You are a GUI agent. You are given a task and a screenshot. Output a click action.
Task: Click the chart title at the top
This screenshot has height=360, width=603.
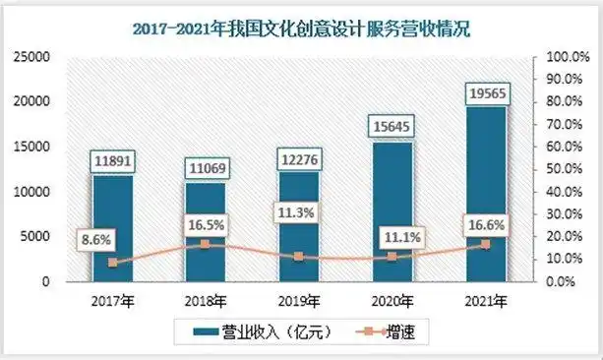coord(301,29)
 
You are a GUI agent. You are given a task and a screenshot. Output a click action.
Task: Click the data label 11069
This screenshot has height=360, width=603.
coord(207,171)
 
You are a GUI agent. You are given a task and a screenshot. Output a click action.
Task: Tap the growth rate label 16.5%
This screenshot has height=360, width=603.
coord(206,224)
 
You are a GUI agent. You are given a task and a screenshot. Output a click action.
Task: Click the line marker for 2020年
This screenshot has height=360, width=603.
coord(393,257)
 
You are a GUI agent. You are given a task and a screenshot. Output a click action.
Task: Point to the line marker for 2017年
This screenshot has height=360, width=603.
coord(112,263)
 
